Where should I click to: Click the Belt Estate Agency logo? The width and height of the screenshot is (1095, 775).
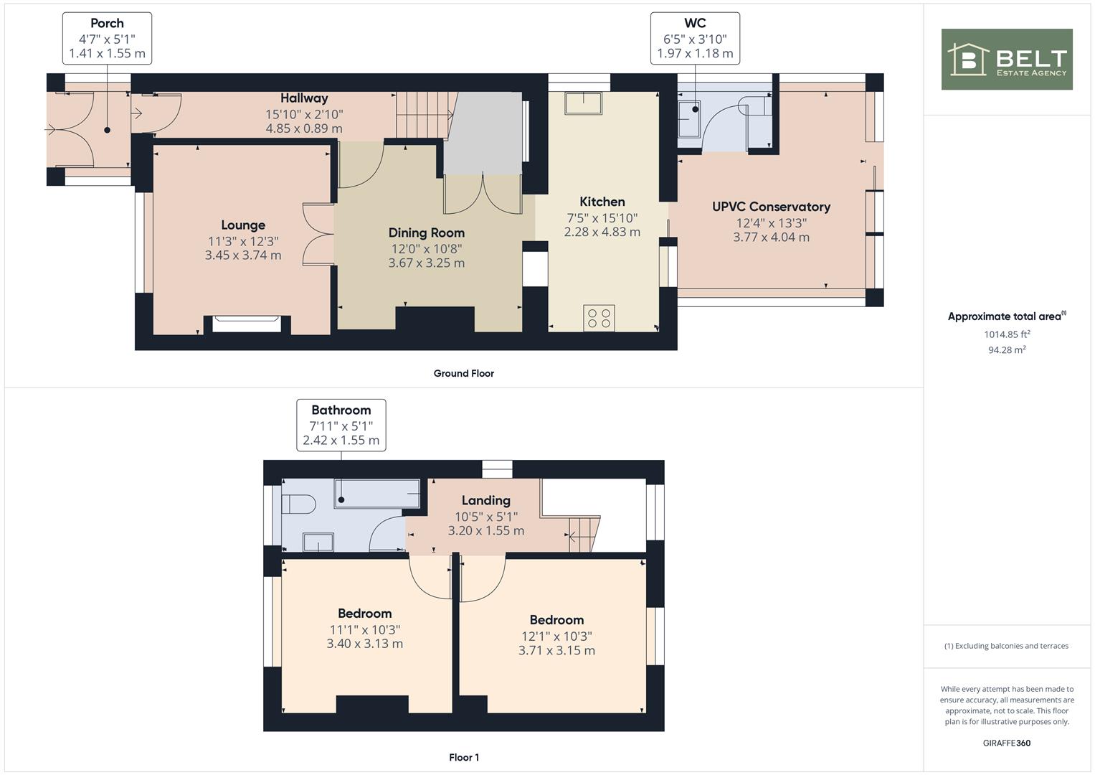(x=1006, y=60)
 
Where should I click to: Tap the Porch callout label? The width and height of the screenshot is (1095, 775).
(x=107, y=38)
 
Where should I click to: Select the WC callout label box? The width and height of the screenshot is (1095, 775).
(x=695, y=38)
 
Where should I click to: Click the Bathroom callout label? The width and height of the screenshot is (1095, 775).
(x=341, y=425)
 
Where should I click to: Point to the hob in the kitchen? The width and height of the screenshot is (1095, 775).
(x=599, y=318)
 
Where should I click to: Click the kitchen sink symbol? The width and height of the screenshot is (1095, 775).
(x=584, y=103)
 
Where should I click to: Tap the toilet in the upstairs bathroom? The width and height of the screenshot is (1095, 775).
(x=298, y=504)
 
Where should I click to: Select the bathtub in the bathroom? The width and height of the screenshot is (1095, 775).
(x=376, y=494)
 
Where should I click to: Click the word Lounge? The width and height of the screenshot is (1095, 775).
(x=243, y=225)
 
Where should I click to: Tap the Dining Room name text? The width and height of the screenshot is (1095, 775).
(x=426, y=232)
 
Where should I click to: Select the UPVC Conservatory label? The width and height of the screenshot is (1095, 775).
(x=771, y=207)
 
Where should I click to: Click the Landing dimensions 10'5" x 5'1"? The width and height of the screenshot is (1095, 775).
(x=485, y=516)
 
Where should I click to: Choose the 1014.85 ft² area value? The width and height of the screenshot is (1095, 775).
(x=1007, y=334)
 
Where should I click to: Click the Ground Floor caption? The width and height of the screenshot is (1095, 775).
(x=463, y=373)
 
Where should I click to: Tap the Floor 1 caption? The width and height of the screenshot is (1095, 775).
(x=463, y=757)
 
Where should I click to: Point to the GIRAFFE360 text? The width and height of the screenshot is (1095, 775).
(x=1006, y=743)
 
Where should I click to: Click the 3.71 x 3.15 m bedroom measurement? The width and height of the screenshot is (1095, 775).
(x=556, y=651)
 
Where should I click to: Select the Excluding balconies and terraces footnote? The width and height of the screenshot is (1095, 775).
(x=1006, y=646)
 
